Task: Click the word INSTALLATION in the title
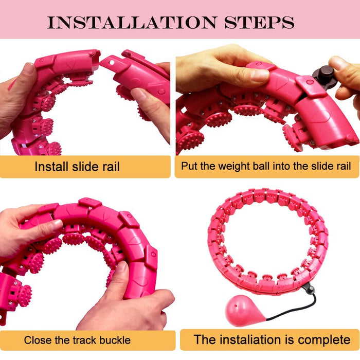point(130,23)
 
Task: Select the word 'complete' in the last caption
point(321,339)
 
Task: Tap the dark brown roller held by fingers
point(324,77)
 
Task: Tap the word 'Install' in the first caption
point(50,167)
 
